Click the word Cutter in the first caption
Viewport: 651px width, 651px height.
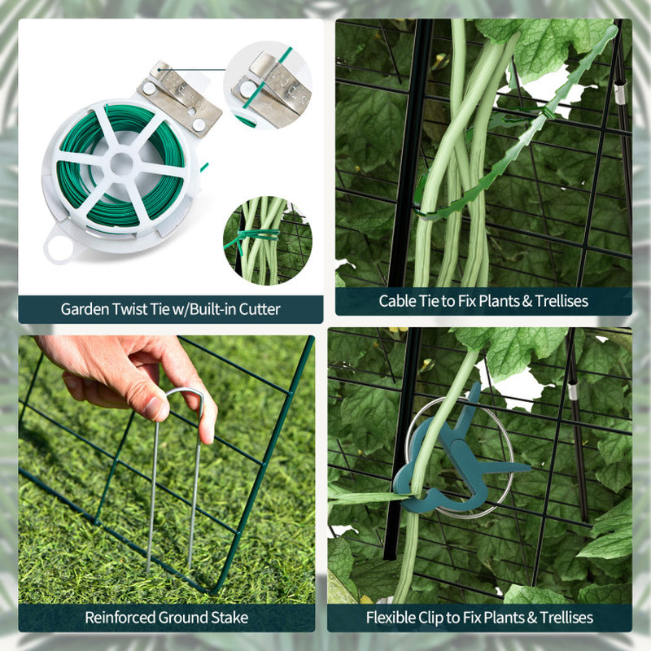coord(259,309)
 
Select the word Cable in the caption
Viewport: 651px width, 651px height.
coord(396,301)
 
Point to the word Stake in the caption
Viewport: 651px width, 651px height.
coord(229,618)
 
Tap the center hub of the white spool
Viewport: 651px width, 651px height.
coord(121,162)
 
